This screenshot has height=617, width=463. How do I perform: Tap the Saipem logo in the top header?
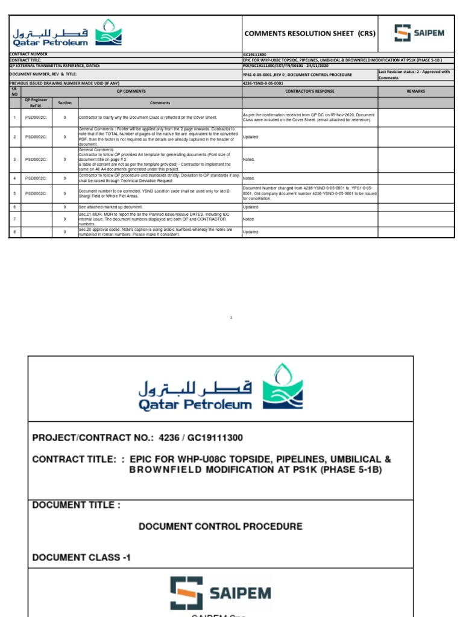tap(420, 33)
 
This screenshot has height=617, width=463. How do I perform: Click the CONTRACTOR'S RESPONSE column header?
tap(310, 91)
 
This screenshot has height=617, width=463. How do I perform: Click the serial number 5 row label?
tap(14, 193)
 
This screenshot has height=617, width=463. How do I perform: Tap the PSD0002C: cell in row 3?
tap(36, 160)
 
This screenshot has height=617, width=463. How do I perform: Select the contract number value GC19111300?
tap(255, 54)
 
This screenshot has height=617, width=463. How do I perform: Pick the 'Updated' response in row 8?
tap(250, 232)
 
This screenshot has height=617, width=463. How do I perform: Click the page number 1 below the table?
tap(231, 318)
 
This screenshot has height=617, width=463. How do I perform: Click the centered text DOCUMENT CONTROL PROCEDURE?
tap(221, 526)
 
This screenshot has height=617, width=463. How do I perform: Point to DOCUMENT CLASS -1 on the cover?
tap(81, 557)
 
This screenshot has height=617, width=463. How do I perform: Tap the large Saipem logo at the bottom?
tap(221, 594)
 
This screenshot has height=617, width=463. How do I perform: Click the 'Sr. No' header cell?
tap(14, 91)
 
